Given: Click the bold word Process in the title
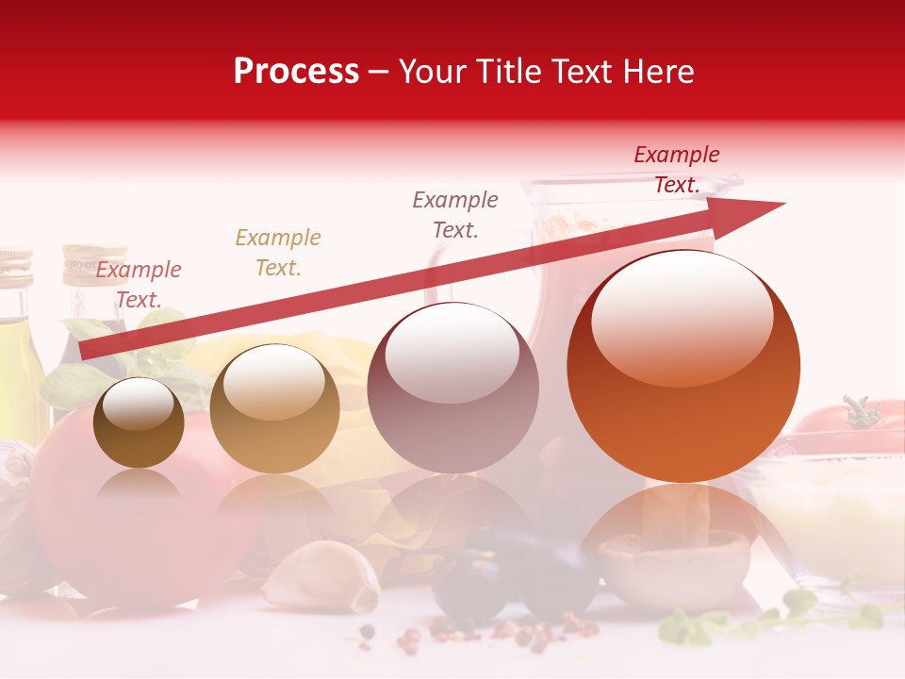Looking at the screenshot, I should tap(296, 72).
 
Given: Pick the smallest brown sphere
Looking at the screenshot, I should tap(139, 422).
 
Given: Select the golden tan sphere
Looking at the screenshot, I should tap(274, 408).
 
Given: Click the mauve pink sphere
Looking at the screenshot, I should tap(452, 388).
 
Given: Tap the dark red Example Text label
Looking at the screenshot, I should tap(676, 170).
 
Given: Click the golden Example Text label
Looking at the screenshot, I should tap(277, 253).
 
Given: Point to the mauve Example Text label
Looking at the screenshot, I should tap(455, 214).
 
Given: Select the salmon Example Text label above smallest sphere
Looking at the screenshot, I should tap(138, 285).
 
